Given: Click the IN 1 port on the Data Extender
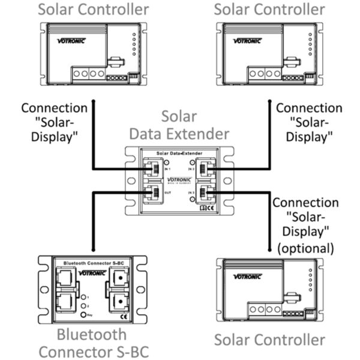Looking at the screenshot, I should point(151,169).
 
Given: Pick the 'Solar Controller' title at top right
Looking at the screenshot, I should point(269,9).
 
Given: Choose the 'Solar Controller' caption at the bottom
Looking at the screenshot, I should point(269,340).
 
